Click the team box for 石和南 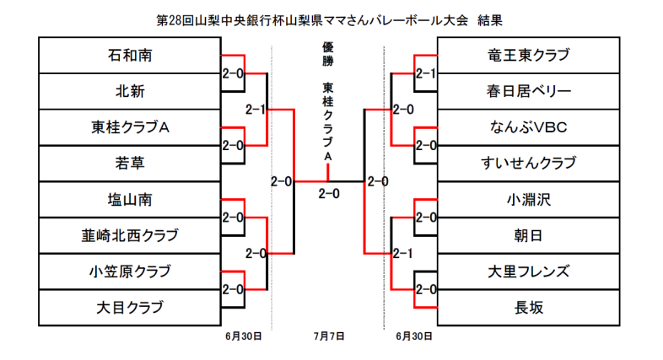click(129, 56)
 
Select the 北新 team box click(129, 91)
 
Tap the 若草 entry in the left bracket click(129, 163)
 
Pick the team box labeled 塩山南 click(129, 199)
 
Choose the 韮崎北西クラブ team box click(129, 234)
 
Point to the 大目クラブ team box click(129, 306)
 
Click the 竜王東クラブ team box click(529, 56)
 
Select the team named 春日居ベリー click(529, 91)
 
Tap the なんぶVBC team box click(529, 127)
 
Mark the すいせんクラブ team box click(529, 163)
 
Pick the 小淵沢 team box click(529, 199)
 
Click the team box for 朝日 click(529, 234)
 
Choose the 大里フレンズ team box click(529, 271)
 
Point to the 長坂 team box click(529, 306)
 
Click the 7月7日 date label click(328, 336)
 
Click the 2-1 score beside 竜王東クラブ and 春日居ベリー click(426, 74)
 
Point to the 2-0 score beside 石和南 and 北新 click(232, 74)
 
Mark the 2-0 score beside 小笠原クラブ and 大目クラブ click(232, 289)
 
